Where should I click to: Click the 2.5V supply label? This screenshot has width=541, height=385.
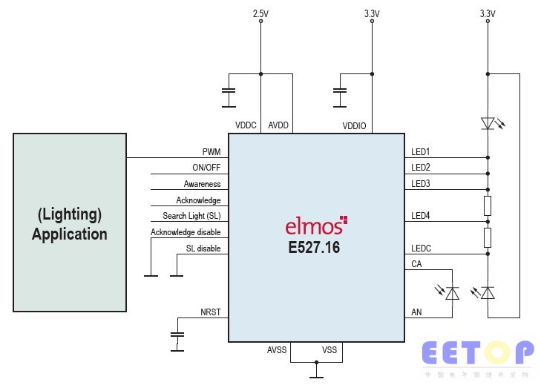(260, 13)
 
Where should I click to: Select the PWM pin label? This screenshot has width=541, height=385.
(211, 151)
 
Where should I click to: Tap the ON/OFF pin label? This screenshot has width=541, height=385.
(206, 168)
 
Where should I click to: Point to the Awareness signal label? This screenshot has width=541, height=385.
(202, 184)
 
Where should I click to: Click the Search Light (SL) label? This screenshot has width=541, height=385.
(191, 216)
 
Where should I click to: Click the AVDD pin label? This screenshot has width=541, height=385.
(279, 126)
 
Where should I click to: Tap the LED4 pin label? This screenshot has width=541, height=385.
(421, 216)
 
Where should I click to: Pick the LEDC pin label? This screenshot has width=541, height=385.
(421, 248)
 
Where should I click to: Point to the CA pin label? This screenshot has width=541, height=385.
(416, 264)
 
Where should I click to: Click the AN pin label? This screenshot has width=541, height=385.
(416, 313)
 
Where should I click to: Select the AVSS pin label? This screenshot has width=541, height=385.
(278, 349)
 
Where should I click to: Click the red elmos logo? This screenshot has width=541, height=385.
(316, 226)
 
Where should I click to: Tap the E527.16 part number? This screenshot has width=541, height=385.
(314, 249)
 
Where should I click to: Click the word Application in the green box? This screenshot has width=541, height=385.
(69, 234)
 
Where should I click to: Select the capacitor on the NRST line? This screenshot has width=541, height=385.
(177, 335)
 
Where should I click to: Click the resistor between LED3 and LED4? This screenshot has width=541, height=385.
(488, 205)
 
